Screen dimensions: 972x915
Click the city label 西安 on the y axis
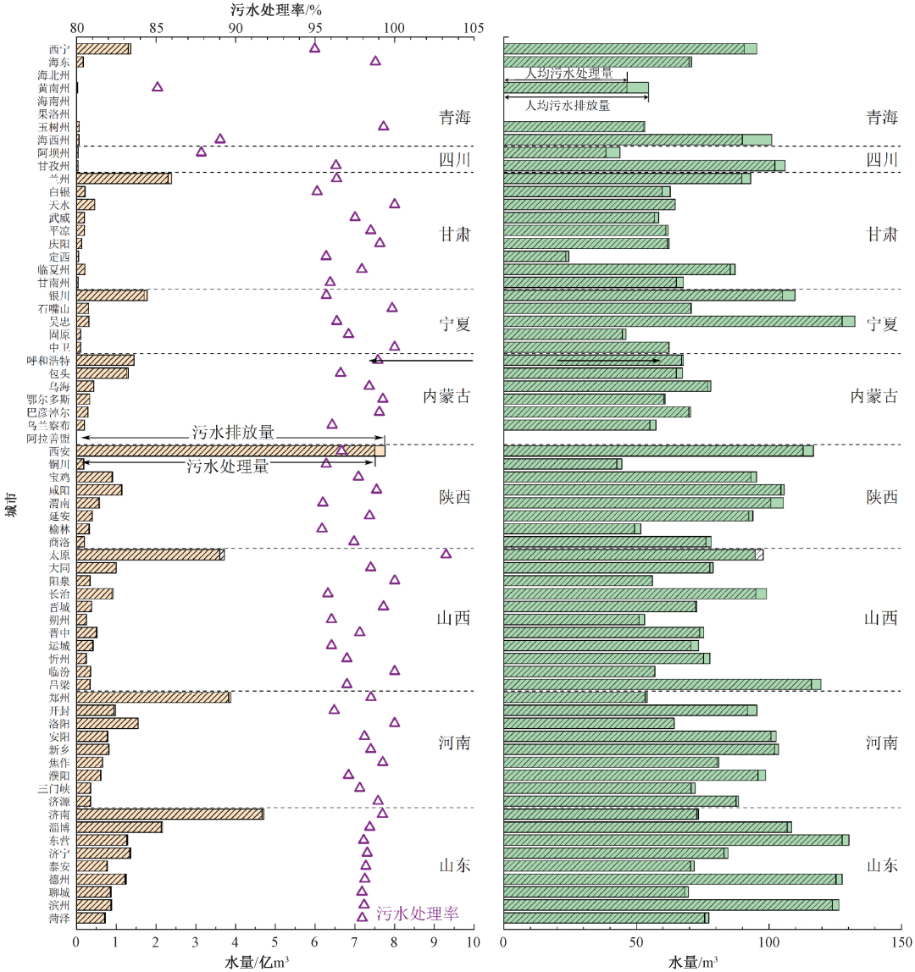[60, 451]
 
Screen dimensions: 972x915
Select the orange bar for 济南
[169, 814]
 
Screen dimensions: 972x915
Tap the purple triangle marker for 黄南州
[157, 87]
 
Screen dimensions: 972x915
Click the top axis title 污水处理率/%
[276, 10]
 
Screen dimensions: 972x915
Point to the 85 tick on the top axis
[156, 27]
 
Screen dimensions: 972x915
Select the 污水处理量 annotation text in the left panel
[230, 466]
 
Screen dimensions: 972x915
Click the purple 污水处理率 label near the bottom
[417, 914]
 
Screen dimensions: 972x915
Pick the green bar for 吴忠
[678, 321]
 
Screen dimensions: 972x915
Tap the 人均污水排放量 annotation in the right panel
[568, 106]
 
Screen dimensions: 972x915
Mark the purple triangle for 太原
[446, 554]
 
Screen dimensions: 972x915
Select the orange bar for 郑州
[152, 697]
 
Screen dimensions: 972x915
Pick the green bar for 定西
[535, 256]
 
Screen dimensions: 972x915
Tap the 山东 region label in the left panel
[454, 865]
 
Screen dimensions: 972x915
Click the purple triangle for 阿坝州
[201, 152]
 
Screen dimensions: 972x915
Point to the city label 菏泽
[60, 918]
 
